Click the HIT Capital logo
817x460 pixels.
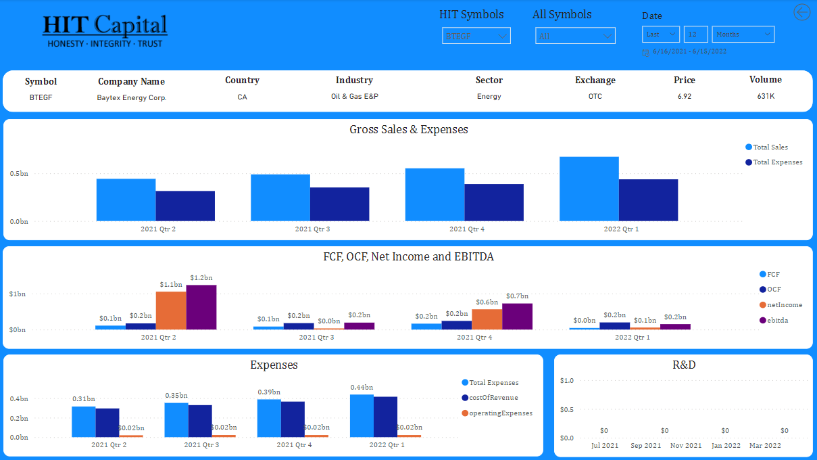pyautogui.click(x=105, y=31)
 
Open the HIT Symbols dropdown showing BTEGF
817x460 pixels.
pyautogui.click(x=476, y=36)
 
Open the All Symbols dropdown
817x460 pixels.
pyautogui.click(x=575, y=36)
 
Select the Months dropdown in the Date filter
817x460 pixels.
pyautogui.click(x=743, y=34)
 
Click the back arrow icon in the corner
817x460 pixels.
pyautogui.click(x=801, y=12)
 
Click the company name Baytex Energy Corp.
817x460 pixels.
pyautogui.click(x=132, y=97)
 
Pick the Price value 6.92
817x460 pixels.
pyautogui.click(x=685, y=97)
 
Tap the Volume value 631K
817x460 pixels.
pyautogui.click(x=766, y=96)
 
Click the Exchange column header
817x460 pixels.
pyautogui.click(x=595, y=80)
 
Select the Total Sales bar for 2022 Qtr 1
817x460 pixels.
pyautogui.click(x=589, y=189)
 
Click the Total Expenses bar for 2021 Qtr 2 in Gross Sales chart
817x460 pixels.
pyautogui.click(x=185, y=206)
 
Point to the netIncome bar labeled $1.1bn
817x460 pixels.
pyautogui.click(x=171, y=310)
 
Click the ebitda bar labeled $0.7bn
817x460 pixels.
pyautogui.click(x=517, y=317)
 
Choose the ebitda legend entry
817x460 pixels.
pyautogui.click(x=777, y=320)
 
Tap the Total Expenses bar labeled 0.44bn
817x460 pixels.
pyautogui.click(x=362, y=415)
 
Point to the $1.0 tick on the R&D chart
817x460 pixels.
pyautogui.click(x=567, y=381)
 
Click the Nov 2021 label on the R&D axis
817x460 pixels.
pyautogui.click(x=685, y=446)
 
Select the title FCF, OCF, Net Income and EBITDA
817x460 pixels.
pyautogui.click(x=408, y=257)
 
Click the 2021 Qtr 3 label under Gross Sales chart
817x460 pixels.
pyautogui.click(x=312, y=229)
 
